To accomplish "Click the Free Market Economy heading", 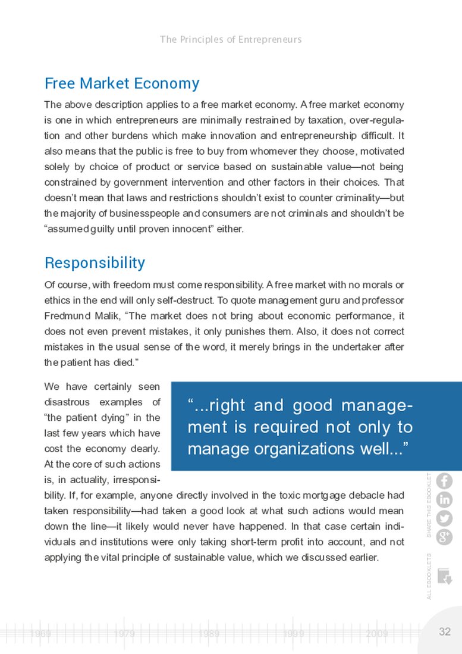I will [122, 83].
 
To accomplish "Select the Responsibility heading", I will [95, 262].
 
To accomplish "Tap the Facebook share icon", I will [444, 481].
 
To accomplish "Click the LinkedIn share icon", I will [444, 500].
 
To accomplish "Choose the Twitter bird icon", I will [444, 518].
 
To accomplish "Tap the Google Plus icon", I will [444, 537].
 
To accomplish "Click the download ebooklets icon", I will [444, 576].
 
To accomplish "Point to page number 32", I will [445, 632].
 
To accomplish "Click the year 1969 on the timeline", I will [40, 634].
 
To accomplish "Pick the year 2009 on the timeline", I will [377, 634].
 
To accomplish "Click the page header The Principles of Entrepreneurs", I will [231, 40].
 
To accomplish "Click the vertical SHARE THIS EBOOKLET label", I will [429, 505].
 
